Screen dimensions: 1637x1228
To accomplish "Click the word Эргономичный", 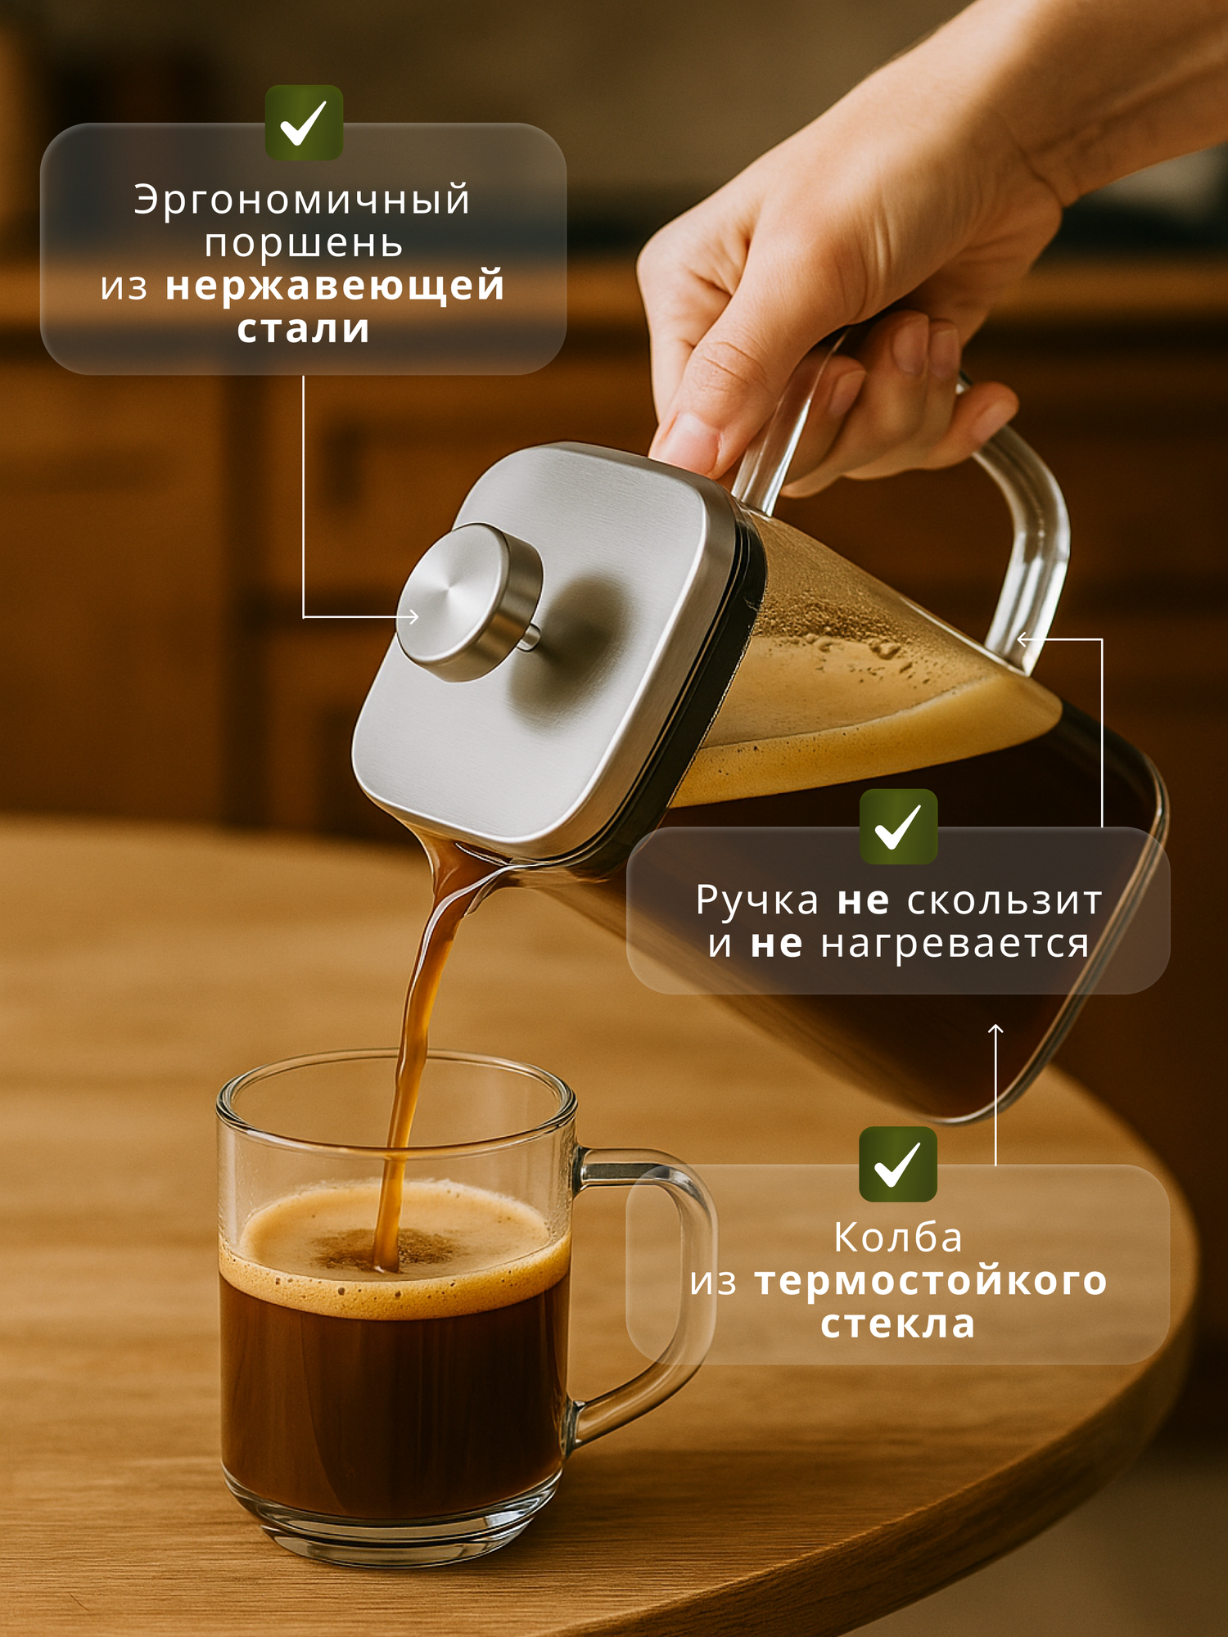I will [x=303, y=201].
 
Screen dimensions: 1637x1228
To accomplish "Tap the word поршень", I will [x=304, y=244].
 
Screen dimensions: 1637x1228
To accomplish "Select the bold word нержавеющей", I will [x=335, y=286].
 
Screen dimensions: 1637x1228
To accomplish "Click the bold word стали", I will [x=304, y=329].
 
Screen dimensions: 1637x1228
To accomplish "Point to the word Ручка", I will [x=757, y=901].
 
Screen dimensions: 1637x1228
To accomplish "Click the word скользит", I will [x=1005, y=901].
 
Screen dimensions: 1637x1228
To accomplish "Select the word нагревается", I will [x=955, y=944].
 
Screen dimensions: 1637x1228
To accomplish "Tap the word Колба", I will [x=898, y=1238].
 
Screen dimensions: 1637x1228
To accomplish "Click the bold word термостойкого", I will [x=931, y=1281].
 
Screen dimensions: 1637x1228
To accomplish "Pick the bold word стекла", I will [x=898, y=1324].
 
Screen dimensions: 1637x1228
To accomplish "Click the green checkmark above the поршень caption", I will [x=304, y=123].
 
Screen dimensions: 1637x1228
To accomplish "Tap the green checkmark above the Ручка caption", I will [x=898, y=827].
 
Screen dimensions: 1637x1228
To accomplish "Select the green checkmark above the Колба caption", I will [x=898, y=1164].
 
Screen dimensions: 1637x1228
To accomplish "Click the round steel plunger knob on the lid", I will [x=467, y=602].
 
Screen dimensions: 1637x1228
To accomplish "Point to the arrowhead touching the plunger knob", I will [x=414, y=616].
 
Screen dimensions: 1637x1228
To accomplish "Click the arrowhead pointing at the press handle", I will [x=1023, y=639].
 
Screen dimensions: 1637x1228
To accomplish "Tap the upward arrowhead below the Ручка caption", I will [x=995, y=1029].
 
